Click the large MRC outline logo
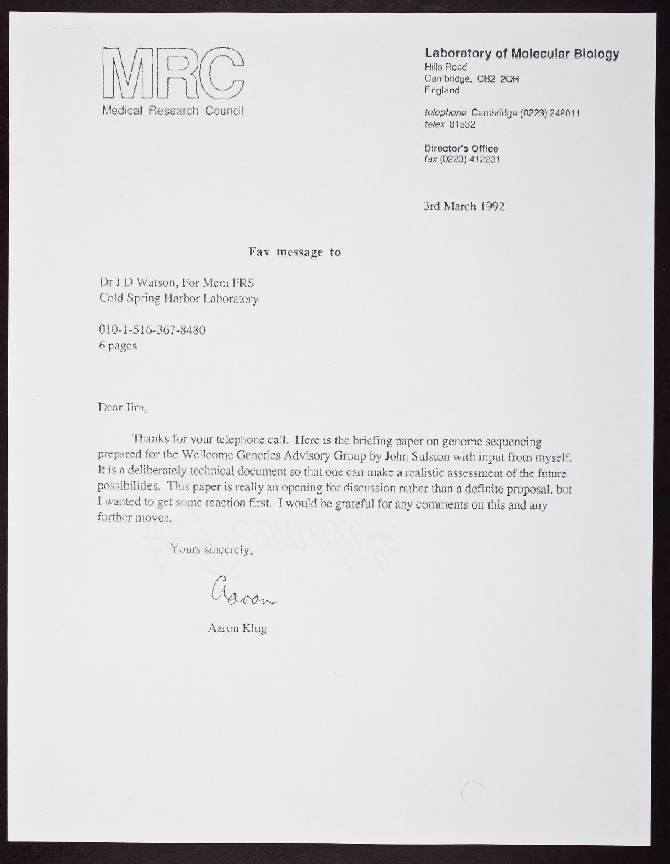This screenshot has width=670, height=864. point(172,74)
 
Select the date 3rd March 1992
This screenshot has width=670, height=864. point(464,206)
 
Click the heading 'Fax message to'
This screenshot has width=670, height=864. point(294,252)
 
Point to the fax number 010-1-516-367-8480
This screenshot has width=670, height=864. point(152,330)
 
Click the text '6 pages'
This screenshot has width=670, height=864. point(118,346)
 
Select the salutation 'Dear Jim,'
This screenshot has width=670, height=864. point(122,407)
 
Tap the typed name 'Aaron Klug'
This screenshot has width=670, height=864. point(237,628)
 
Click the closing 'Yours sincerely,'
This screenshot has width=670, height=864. point(212,549)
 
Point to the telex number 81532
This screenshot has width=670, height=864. point(462,124)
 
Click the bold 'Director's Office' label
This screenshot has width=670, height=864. point(461,148)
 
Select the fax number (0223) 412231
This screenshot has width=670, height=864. point(469,159)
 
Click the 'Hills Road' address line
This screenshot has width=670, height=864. point(446,67)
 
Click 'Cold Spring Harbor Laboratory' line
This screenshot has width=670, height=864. point(178,299)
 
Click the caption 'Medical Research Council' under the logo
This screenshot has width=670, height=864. point(172,111)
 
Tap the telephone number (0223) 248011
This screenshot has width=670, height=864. point(550,113)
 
